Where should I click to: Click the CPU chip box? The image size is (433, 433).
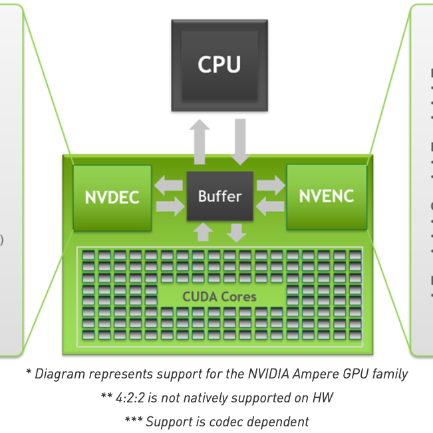219,65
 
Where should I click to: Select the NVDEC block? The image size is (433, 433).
112,198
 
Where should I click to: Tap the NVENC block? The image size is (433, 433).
326,196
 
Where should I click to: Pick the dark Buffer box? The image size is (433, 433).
219,196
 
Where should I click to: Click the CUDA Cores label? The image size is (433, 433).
219,296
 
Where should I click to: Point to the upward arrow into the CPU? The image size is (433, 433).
198,141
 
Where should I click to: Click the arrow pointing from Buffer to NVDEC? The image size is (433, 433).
168,185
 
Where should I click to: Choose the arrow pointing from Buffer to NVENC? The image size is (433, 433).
270,185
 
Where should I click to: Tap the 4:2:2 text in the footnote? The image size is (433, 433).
130,398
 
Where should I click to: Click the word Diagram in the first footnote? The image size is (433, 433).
58,374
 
